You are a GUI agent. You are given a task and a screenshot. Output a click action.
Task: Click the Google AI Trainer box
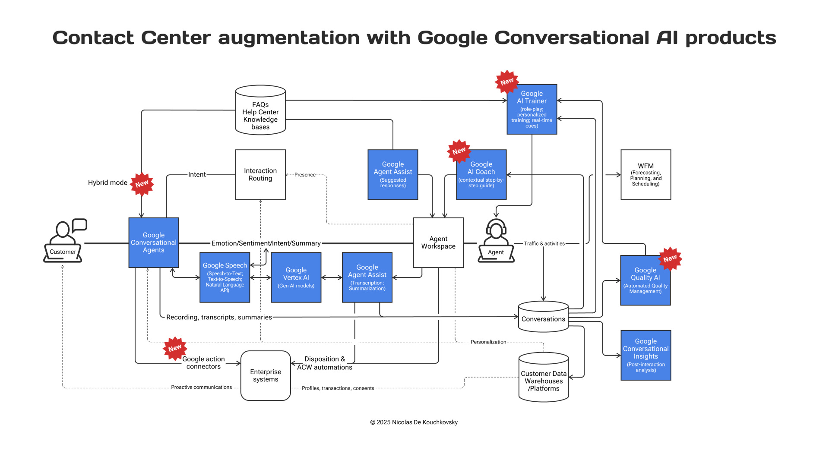click(532, 109)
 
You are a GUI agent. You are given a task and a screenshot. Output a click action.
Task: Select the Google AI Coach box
click(481, 175)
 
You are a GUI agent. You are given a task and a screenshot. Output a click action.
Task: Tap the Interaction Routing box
click(260, 175)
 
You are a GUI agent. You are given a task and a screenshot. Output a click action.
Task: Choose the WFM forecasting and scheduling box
click(645, 175)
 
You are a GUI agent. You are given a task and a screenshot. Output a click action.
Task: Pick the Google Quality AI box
click(645, 280)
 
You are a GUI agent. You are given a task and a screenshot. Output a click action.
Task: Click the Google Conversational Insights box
click(645, 355)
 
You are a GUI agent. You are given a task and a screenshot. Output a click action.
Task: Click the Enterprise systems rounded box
click(266, 375)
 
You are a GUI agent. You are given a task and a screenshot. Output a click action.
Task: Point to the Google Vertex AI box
click(296, 277)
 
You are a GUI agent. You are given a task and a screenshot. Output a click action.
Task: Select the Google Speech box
click(225, 277)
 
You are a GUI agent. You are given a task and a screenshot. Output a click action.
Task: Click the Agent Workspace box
click(438, 242)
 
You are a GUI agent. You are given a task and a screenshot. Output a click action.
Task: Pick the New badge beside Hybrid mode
click(142, 184)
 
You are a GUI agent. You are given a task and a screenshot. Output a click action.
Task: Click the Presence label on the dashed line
click(305, 175)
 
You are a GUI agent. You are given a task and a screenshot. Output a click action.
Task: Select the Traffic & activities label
click(544, 243)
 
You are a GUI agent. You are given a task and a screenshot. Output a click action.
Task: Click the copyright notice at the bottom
click(414, 422)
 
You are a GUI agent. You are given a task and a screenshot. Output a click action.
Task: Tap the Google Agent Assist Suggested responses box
click(392, 175)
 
